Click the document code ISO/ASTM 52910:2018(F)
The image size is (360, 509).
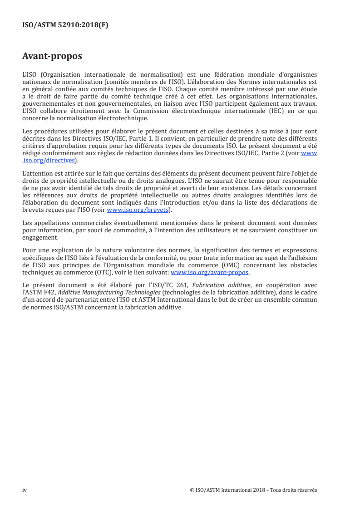coord(65,25)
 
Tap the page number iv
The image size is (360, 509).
coord(25,490)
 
